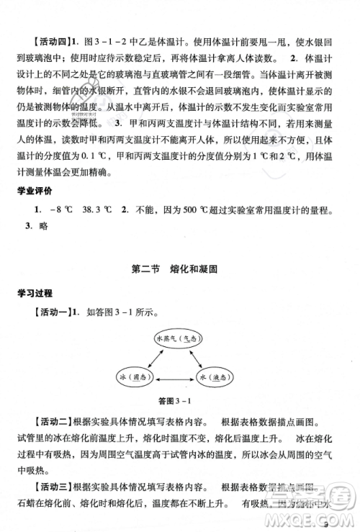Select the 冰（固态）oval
(x=134, y=377)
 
